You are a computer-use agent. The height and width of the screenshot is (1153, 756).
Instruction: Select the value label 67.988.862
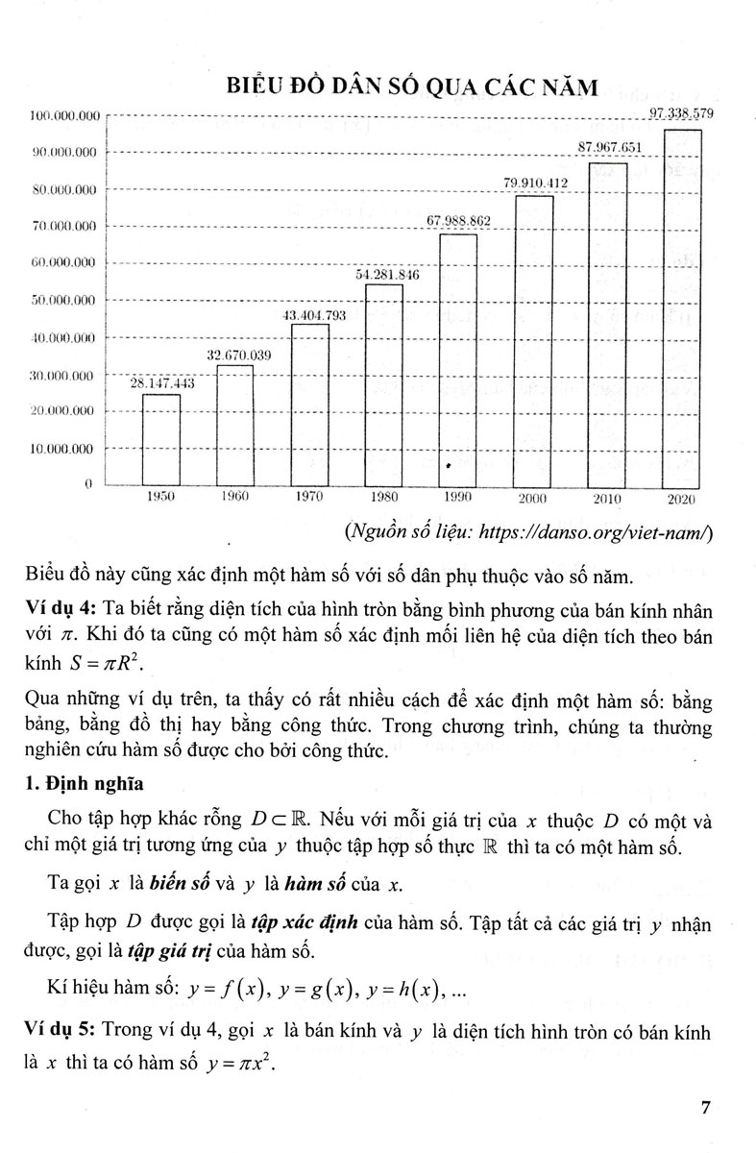(x=458, y=222)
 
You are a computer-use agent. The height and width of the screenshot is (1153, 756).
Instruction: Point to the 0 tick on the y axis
(x=86, y=484)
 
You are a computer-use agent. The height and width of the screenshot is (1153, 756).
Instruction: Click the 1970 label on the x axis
(x=309, y=498)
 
